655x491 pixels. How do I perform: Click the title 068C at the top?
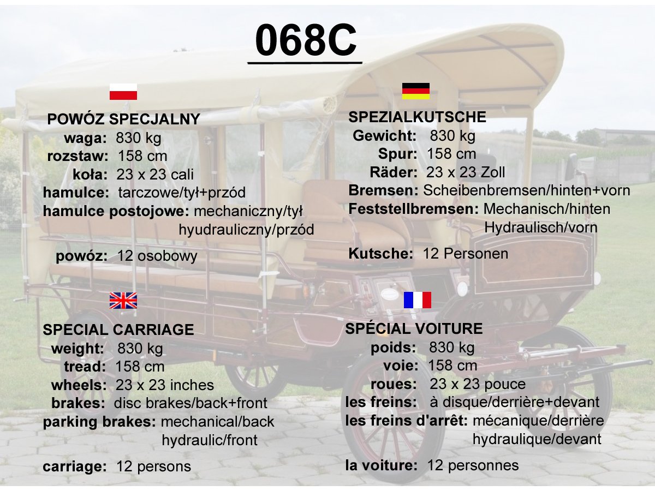(x=306, y=40)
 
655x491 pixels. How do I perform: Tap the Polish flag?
(x=123, y=92)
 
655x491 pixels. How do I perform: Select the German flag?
(x=416, y=91)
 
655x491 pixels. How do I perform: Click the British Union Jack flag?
(x=123, y=301)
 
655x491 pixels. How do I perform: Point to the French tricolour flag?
(x=417, y=300)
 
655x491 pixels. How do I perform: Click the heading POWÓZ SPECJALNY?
(x=123, y=119)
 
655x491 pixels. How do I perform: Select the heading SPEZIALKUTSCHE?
(x=417, y=117)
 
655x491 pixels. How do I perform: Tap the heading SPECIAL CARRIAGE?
(x=118, y=330)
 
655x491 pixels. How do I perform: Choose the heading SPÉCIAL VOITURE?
(x=414, y=328)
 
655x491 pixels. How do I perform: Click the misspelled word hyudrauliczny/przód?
(x=247, y=230)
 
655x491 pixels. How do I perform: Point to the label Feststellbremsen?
(x=413, y=209)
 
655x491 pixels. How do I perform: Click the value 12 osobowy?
(x=157, y=256)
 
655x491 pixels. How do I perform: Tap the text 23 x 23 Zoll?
(x=466, y=172)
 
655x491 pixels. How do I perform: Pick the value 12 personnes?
(x=473, y=465)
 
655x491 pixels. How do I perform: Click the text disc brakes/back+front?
(x=190, y=403)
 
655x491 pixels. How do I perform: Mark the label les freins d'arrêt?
(x=407, y=421)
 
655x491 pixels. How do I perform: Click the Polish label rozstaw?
(x=78, y=156)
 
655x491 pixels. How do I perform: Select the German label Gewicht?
(x=384, y=136)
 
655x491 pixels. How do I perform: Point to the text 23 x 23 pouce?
(x=478, y=384)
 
